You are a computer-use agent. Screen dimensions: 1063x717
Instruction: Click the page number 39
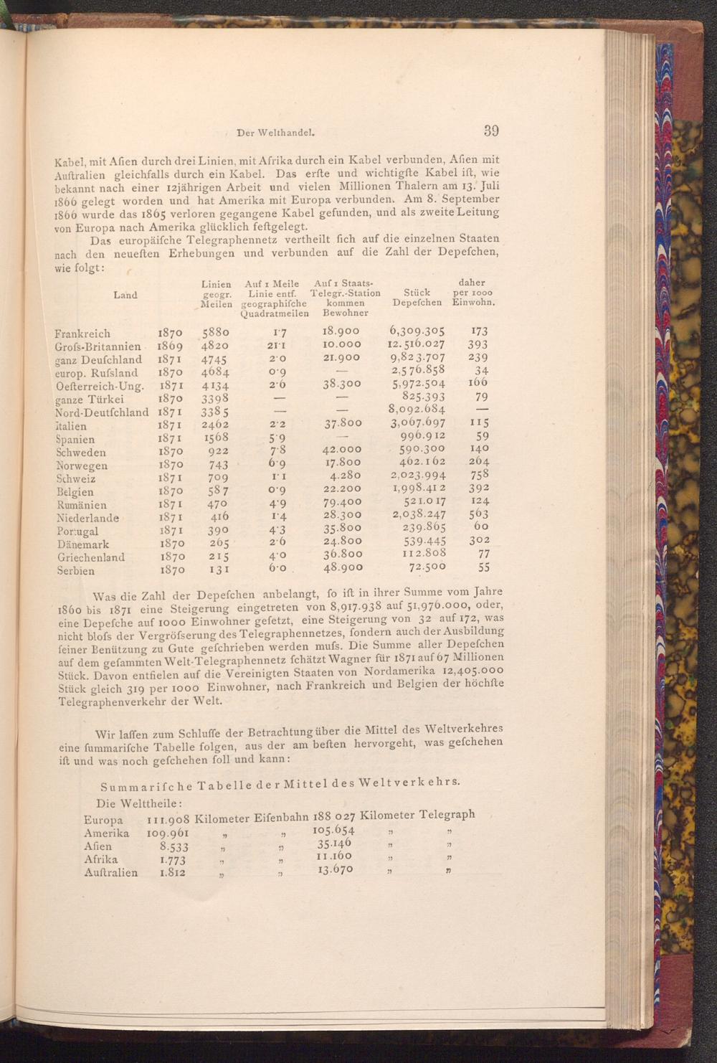[x=491, y=131]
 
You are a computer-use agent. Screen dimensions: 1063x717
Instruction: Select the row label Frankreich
[x=82, y=334]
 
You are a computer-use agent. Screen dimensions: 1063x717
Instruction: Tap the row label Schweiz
[x=76, y=478]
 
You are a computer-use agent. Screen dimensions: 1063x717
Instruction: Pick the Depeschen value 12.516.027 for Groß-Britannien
[x=417, y=344]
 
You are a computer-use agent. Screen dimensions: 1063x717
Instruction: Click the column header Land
[x=125, y=295]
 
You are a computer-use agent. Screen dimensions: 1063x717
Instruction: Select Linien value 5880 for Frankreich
[x=216, y=333]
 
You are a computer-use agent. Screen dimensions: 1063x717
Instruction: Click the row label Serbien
[x=75, y=572]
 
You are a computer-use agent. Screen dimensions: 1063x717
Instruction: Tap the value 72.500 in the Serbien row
[x=427, y=567]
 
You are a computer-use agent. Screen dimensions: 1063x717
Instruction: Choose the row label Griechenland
[x=90, y=557]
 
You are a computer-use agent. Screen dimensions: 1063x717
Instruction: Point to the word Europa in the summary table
[x=103, y=820]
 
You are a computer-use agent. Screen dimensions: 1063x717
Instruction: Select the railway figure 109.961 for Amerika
[x=166, y=833]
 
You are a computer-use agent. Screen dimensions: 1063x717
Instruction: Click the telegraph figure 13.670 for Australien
[x=334, y=869]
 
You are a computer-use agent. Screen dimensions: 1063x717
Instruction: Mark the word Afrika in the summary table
[x=101, y=859]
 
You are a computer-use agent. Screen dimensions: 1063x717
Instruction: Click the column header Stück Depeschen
[x=417, y=298]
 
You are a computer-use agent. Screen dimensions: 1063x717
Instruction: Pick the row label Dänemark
[x=83, y=544]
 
